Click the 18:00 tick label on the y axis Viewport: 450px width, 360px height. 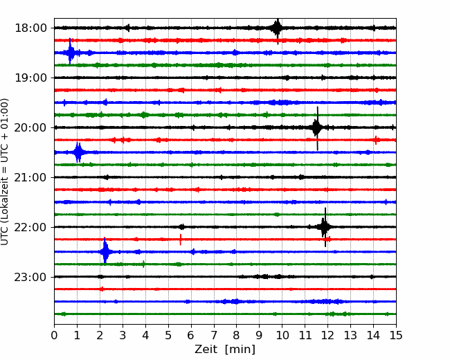pyautogui.click(x=30, y=28)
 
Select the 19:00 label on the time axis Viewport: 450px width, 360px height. pyautogui.click(x=30, y=78)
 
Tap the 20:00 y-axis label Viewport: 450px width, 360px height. pyautogui.click(x=30, y=127)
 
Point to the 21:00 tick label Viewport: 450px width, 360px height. pyautogui.click(x=30, y=177)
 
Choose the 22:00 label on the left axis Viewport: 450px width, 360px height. pyautogui.click(x=30, y=227)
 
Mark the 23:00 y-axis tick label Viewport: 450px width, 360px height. pyautogui.click(x=30, y=277)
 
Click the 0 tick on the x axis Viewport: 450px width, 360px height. pyautogui.click(x=54, y=335)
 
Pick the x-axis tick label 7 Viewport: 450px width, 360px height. pyautogui.click(x=214, y=335)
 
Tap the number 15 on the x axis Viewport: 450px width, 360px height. pyautogui.click(x=396, y=335)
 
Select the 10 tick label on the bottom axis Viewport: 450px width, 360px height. pyautogui.click(x=282, y=335)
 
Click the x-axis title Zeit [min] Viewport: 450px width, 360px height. pyautogui.click(x=225, y=350)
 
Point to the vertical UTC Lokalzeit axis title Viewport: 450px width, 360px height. pyautogui.click(x=5, y=172)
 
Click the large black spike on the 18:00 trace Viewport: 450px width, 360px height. pyautogui.click(x=277, y=28)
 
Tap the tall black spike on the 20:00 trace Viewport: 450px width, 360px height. pyautogui.click(x=317, y=128)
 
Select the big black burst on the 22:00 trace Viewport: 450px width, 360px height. pyautogui.click(x=325, y=227)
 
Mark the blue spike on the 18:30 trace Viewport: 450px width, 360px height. pyautogui.click(x=70, y=53)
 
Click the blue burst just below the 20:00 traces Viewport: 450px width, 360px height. pyautogui.click(x=78, y=152)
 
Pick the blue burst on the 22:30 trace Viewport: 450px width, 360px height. pyautogui.click(x=105, y=251)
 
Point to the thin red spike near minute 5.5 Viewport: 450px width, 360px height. pyautogui.click(x=181, y=240)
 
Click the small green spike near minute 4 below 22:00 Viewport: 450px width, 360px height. pyautogui.click(x=143, y=264)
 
